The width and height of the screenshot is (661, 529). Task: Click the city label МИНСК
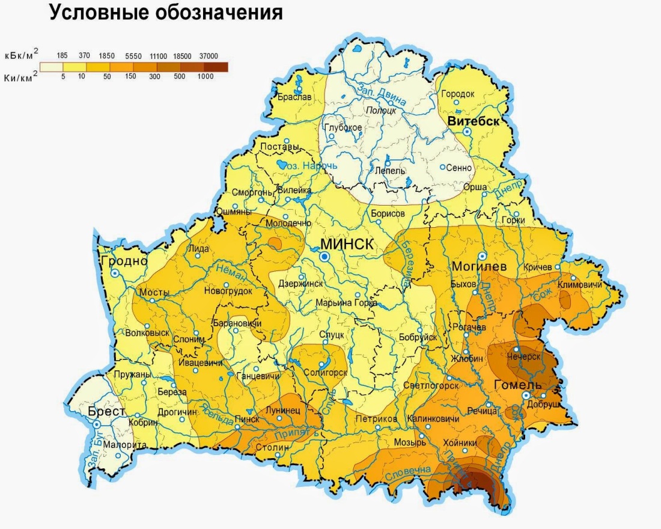tap(347, 244)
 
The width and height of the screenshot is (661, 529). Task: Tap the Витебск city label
tap(473, 120)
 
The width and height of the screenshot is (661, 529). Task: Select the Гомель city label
tap(517, 385)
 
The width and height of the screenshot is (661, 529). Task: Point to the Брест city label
tap(106, 412)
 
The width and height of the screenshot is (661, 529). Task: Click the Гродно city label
tap(124, 261)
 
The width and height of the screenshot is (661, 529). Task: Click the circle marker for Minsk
tap(324, 257)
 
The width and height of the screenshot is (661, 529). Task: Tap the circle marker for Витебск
tap(466, 131)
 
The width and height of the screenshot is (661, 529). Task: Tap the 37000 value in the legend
tap(215, 55)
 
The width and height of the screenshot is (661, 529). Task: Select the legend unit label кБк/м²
tap(20, 55)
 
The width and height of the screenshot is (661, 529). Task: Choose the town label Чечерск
tap(524, 356)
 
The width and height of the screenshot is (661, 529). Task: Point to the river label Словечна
tap(409, 468)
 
